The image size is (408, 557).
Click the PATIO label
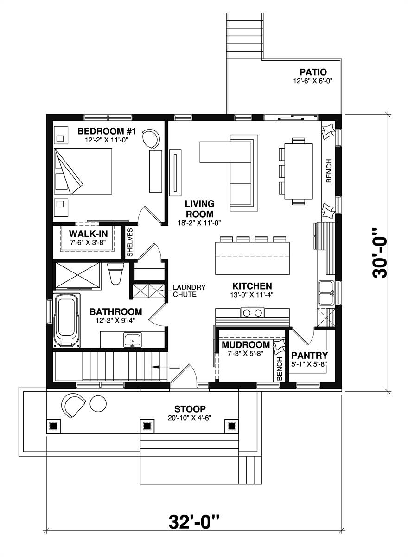coord(313,72)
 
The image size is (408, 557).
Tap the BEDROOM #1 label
coord(107,131)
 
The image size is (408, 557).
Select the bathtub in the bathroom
coord(67,321)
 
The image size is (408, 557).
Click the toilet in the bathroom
coord(115,273)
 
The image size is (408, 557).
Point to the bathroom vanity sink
coord(133,340)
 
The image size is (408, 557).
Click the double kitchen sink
coord(327,293)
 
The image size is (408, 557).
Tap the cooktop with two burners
coord(252,312)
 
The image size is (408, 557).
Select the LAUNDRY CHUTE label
coord(189,291)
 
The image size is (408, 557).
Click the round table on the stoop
coord(98,403)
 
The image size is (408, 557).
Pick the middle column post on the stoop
coord(147,426)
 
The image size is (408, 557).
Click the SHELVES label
coord(130,242)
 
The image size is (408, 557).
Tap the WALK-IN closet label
coord(89,234)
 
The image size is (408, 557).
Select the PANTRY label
coord(309,356)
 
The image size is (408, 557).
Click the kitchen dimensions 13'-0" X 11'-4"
coord(252,295)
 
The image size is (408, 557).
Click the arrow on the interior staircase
coord(165,367)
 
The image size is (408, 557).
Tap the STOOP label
coord(190,409)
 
